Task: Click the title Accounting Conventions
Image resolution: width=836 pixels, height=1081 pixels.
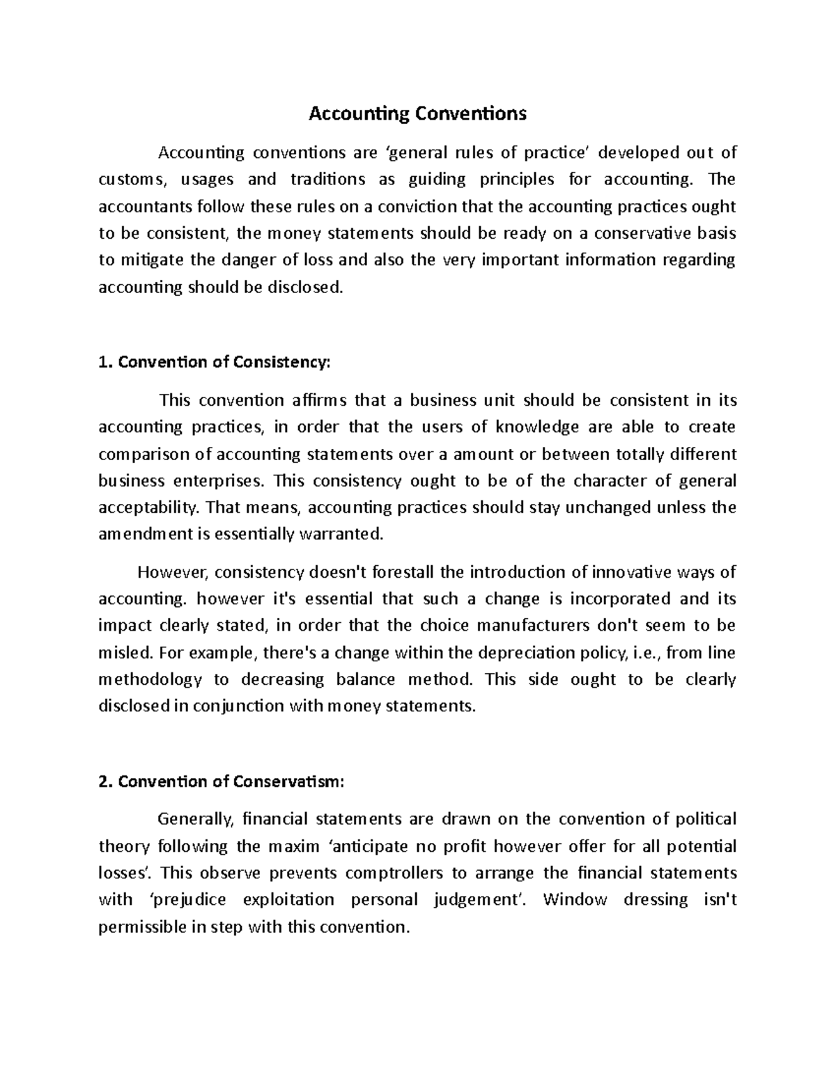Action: tap(417, 113)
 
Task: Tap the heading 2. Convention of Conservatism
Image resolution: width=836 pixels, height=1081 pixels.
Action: tap(222, 781)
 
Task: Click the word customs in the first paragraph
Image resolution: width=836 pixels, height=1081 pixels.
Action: tap(133, 180)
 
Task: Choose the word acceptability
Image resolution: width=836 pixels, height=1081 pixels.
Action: tap(148, 508)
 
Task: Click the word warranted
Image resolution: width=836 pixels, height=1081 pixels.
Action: tap(341, 535)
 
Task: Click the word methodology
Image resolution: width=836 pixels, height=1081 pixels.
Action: tap(150, 679)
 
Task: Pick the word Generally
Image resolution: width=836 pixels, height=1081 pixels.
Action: tap(193, 819)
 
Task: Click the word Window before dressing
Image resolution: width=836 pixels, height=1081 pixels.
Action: tap(570, 899)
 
